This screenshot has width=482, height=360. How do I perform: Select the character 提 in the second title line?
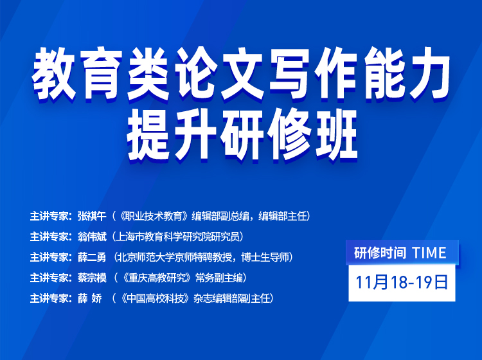pos(149,134)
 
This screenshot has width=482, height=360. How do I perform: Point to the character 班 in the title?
pos(334,134)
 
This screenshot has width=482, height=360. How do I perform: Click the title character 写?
pos(287,74)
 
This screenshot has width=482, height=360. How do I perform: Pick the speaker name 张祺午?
pos(92,216)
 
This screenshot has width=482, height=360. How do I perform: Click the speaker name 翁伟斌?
pos(92,237)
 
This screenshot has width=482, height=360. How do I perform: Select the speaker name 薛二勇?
pos(92,257)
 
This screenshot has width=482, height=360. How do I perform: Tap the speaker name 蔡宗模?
pos(92,278)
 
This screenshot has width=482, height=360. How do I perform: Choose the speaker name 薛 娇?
pos(90,298)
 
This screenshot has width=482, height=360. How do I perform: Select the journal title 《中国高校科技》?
pos(155,298)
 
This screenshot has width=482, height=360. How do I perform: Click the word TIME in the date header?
pos(429,253)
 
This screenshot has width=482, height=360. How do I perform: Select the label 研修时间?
pos(380,253)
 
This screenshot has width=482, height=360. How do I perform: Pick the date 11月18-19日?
pos(402,282)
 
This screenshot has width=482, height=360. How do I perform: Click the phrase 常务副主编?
pos(219,278)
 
